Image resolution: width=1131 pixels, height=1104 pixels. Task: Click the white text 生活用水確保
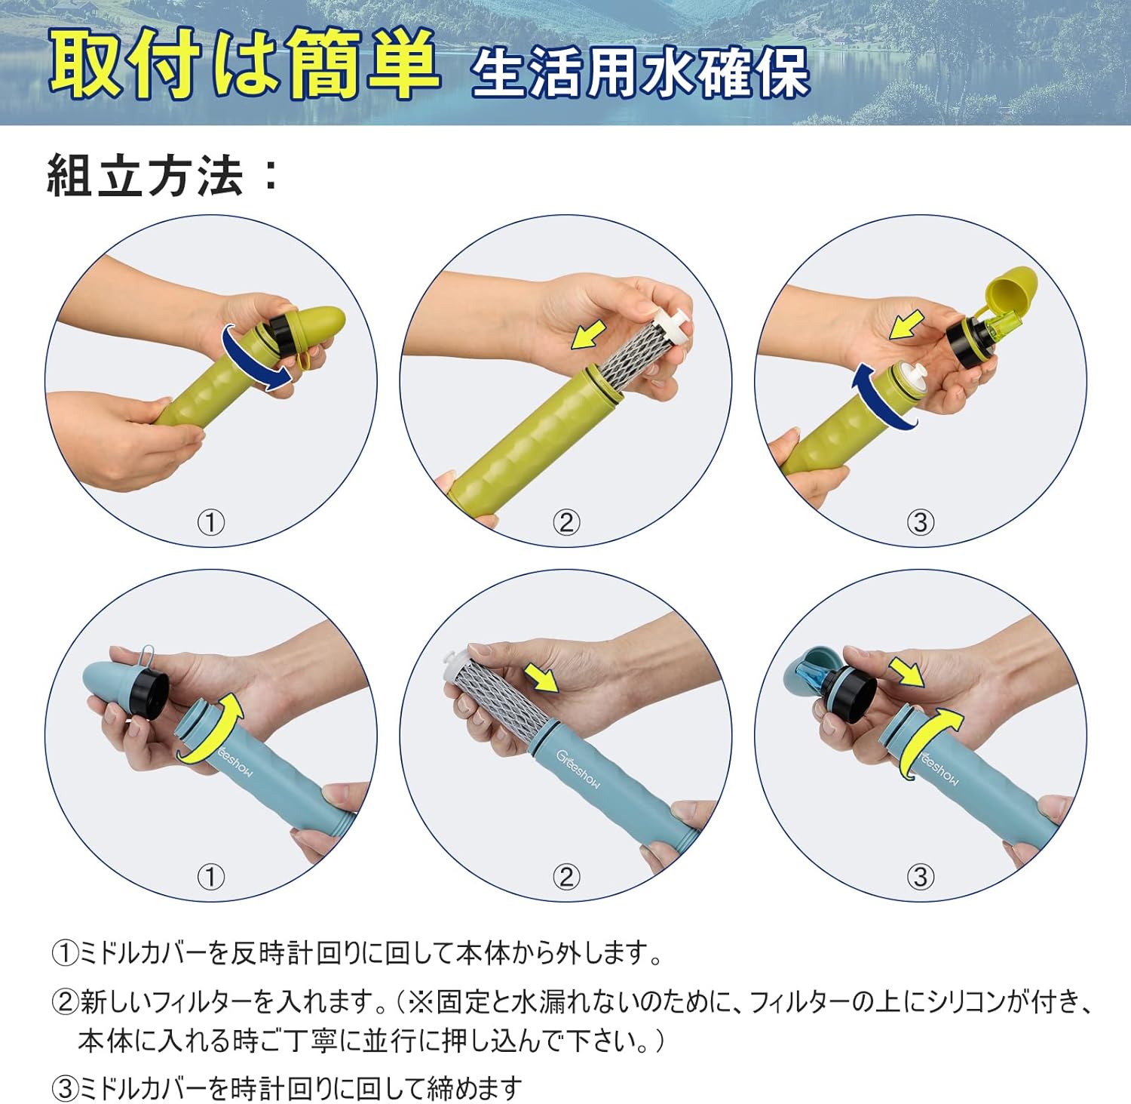tap(640, 72)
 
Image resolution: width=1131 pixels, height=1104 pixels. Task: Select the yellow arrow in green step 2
tap(589, 333)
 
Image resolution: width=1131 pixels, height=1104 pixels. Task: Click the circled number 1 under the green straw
tap(211, 522)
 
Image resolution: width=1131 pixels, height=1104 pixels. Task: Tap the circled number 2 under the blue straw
tap(566, 877)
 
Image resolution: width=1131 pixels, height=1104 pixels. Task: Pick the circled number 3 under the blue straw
tap(920, 877)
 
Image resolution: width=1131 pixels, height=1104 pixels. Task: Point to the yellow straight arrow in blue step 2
tap(543, 677)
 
